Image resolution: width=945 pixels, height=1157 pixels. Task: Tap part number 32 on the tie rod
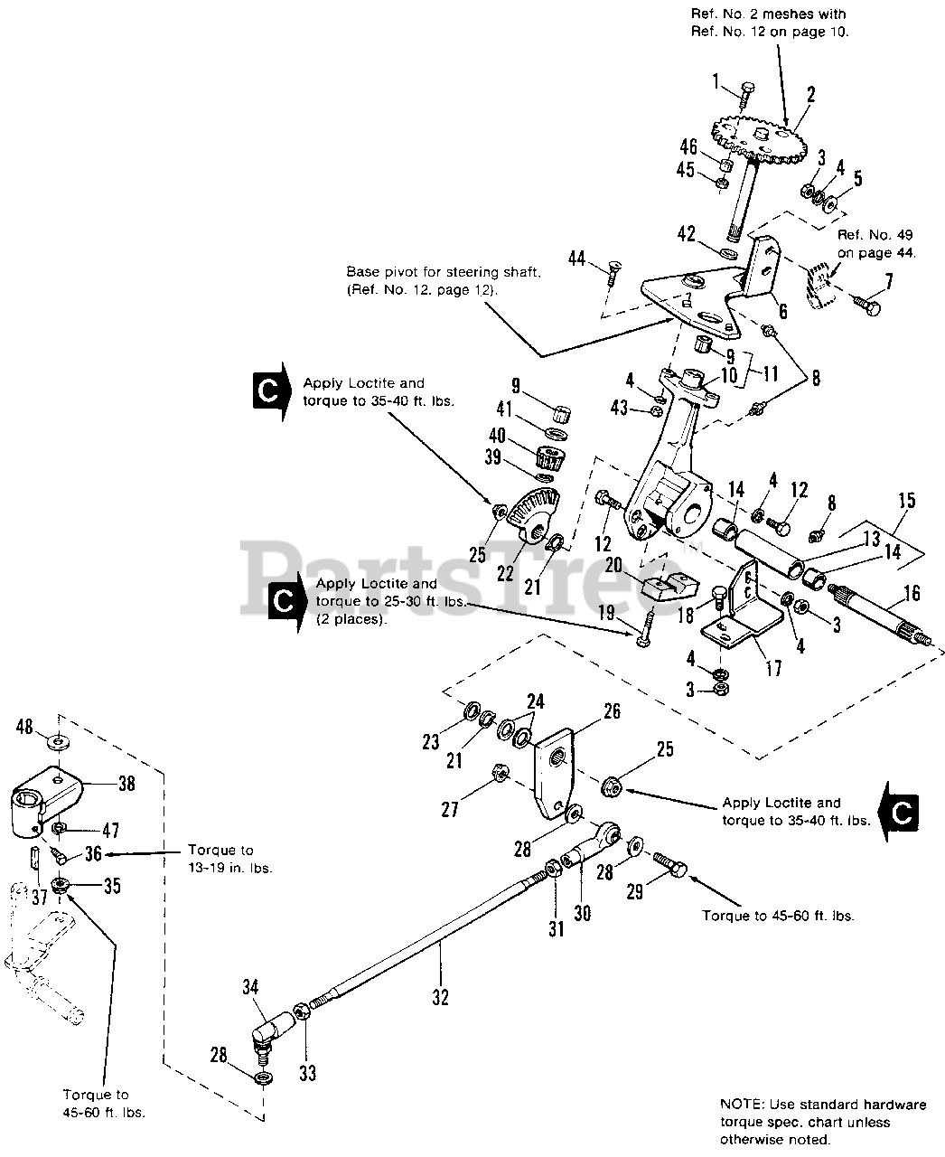[440, 997]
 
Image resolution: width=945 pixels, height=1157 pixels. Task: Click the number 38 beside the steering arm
[126, 784]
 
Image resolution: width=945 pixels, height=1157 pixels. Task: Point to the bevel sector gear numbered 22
[533, 514]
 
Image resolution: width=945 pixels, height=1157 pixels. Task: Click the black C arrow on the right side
[898, 814]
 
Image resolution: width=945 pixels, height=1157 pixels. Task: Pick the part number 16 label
[912, 593]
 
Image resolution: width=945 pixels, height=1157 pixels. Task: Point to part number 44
[576, 259]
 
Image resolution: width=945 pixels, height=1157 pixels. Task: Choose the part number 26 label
[613, 711]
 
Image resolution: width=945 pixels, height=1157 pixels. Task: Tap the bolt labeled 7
[866, 304]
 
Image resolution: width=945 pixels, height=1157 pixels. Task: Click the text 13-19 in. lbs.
[230, 869]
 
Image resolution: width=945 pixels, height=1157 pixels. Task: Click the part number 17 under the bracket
[773, 668]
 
